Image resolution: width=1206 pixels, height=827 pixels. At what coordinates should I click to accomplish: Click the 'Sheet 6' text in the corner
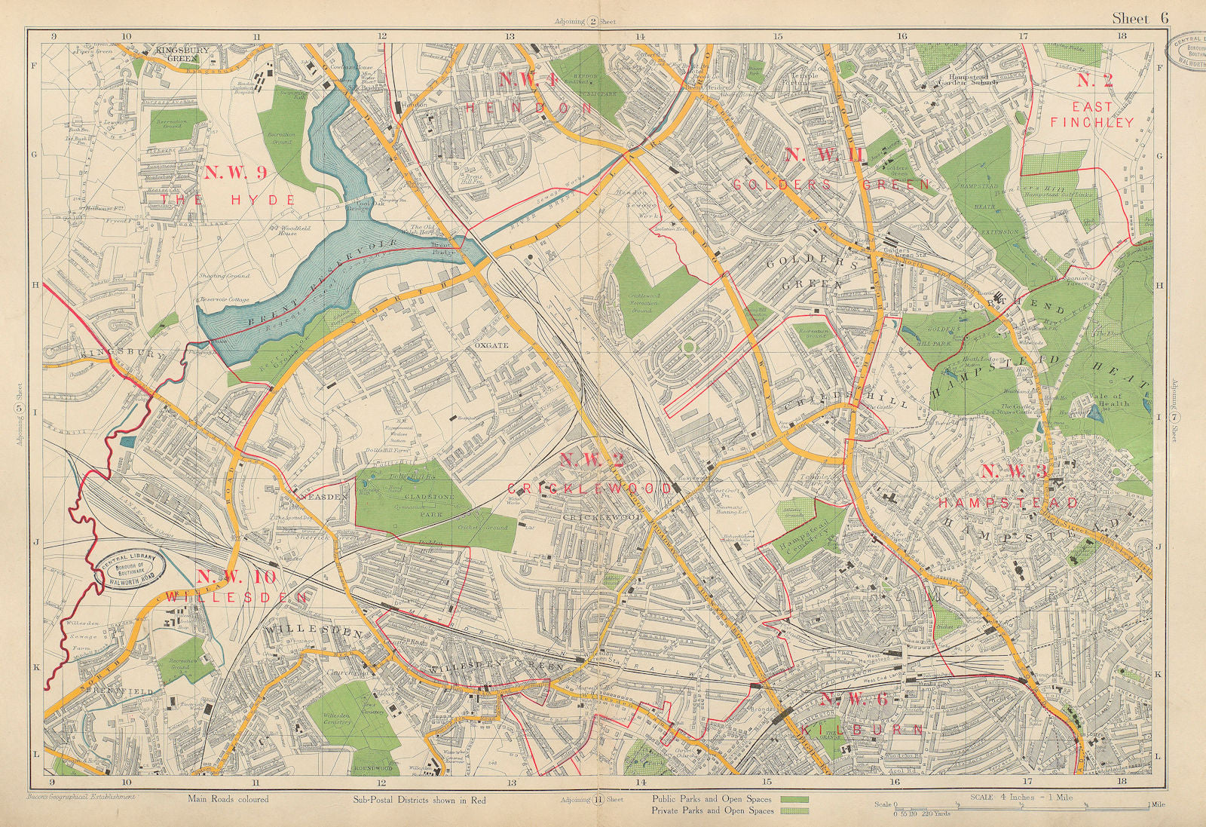tap(1140, 18)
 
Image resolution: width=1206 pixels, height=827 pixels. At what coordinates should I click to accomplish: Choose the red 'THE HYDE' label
tap(247, 200)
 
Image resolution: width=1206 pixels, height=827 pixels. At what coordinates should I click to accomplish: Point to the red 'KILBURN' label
tap(877, 730)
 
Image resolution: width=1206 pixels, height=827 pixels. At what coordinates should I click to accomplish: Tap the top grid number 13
tap(510, 35)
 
